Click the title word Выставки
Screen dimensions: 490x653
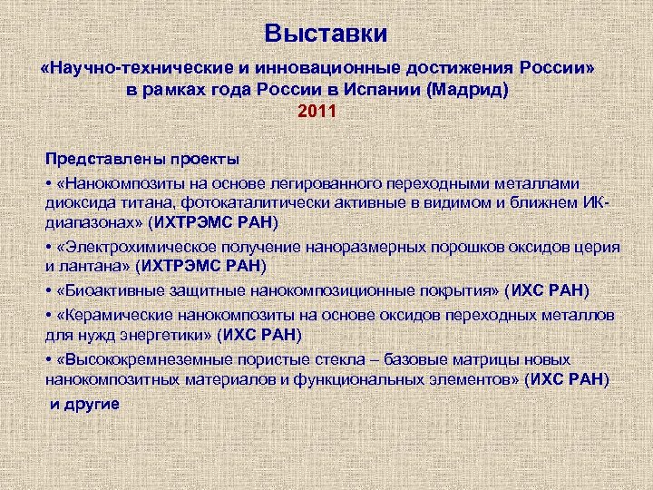[326, 34]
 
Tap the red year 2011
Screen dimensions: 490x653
[317, 113]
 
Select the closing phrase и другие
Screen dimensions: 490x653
[84, 401]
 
